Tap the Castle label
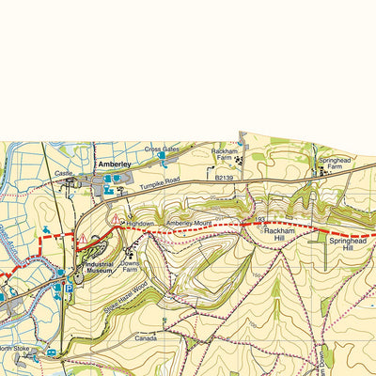tap(64, 173)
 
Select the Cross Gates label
tap(161, 149)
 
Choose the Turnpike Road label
tap(159, 186)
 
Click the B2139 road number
tap(222, 177)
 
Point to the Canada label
tap(145, 337)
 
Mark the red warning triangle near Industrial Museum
tap(82, 239)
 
